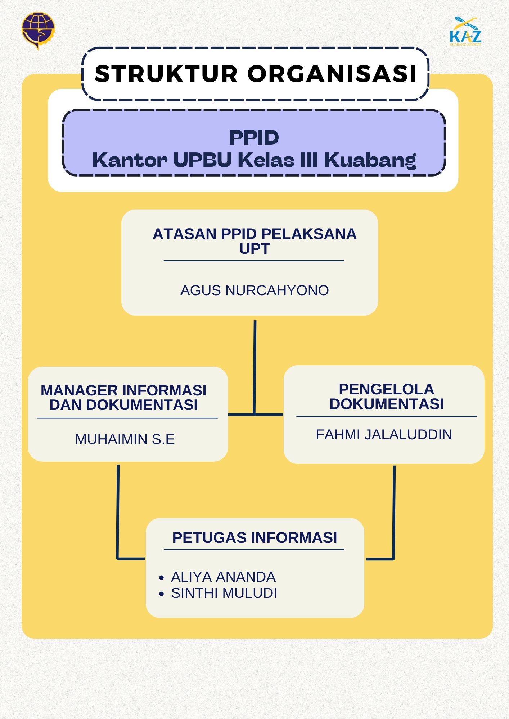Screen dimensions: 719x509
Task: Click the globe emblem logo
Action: (x=38, y=30)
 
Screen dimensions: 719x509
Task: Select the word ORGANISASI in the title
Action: (x=332, y=74)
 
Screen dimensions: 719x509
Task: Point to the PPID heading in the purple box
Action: (x=254, y=138)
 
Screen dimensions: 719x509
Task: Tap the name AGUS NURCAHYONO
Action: (x=254, y=290)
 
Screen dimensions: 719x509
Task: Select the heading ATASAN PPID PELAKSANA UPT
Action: (x=254, y=241)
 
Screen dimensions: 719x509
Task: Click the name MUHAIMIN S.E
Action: (x=125, y=439)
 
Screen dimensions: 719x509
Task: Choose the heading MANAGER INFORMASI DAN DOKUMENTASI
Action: (x=123, y=398)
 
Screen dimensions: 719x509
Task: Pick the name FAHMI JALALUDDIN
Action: (x=384, y=435)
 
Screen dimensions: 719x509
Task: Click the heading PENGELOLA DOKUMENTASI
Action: (x=386, y=397)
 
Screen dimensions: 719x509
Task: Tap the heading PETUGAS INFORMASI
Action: (x=254, y=538)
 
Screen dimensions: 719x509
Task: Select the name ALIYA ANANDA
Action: (x=223, y=577)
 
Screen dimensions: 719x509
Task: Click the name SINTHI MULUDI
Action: (x=224, y=593)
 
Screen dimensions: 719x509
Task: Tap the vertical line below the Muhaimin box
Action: (x=118, y=510)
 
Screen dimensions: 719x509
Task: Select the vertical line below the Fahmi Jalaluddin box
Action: (x=394, y=510)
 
